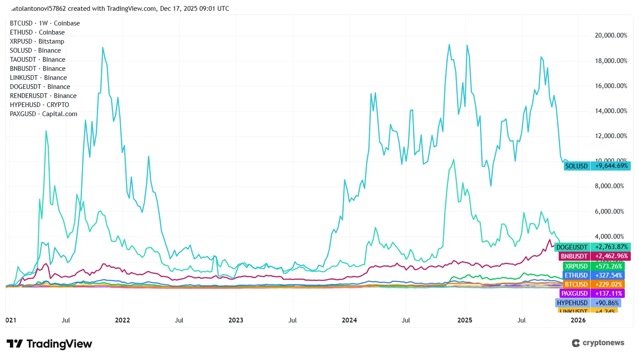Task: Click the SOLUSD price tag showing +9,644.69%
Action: (x=597, y=166)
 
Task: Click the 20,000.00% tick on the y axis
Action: (x=611, y=35)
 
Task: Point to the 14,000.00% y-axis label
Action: (x=611, y=111)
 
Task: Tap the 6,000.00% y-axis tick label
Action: (x=611, y=212)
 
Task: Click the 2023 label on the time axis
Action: (x=236, y=320)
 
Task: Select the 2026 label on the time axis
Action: (x=578, y=320)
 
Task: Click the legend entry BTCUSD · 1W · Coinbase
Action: (x=45, y=23)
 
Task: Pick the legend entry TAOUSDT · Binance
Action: (x=38, y=60)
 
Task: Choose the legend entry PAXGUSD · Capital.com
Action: (x=44, y=114)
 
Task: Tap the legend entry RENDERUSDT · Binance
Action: (x=43, y=96)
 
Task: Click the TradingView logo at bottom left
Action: (x=49, y=344)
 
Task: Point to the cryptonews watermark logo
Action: (x=598, y=343)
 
